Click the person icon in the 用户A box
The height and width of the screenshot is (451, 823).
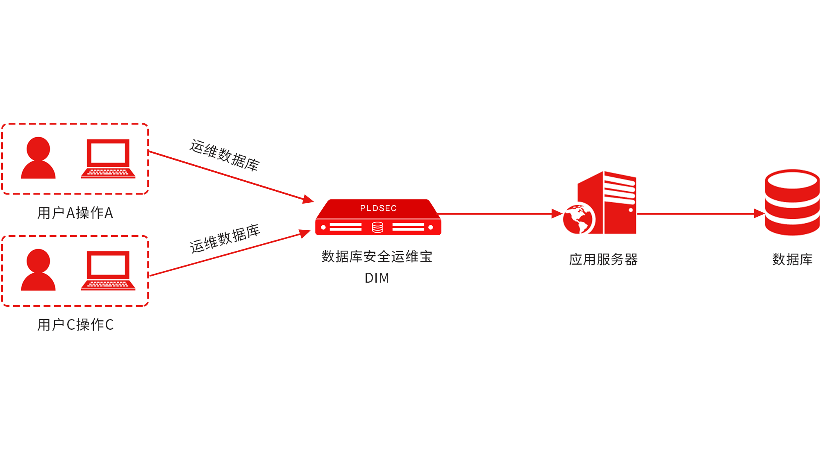[x=38, y=158]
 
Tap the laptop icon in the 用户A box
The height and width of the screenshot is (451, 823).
[x=108, y=159]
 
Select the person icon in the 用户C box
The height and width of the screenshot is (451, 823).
[x=38, y=270]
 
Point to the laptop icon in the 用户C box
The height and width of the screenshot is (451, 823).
[x=108, y=271]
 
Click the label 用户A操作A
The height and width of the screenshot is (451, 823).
[x=75, y=213]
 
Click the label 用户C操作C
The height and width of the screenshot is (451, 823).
[x=75, y=325]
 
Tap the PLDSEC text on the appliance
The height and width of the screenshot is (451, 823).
[x=378, y=208]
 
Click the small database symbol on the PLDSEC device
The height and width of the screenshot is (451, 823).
[x=377, y=227]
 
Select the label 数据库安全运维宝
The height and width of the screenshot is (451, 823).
[x=377, y=257]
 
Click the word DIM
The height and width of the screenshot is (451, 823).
[x=377, y=278]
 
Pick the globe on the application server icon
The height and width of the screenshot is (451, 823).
[x=579, y=220]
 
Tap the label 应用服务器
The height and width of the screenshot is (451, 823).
[x=603, y=260]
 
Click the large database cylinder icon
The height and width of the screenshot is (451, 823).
[x=792, y=202]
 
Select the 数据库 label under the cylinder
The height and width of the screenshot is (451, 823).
[x=792, y=260]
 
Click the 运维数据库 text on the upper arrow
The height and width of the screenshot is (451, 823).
[x=225, y=155]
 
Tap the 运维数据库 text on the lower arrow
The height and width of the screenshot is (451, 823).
[x=225, y=238]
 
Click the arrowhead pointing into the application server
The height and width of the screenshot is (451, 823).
[x=557, y=213]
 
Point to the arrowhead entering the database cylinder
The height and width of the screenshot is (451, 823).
[x=759, y=213]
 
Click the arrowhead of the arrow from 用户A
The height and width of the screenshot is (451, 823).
[x=308, y=199]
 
